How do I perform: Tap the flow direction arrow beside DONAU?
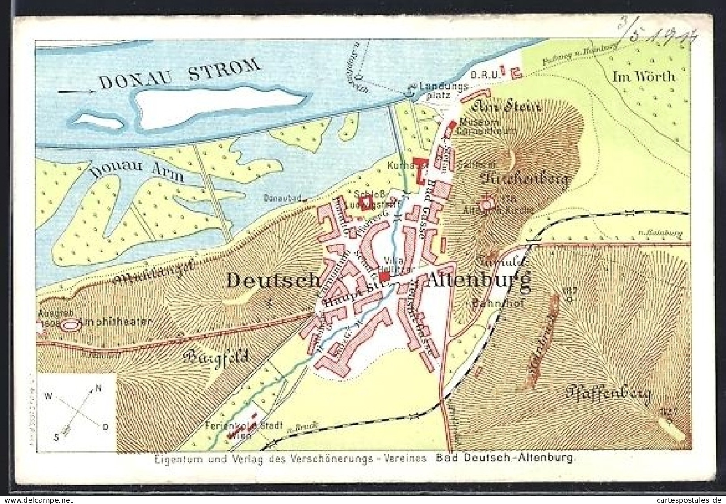pos(76,92)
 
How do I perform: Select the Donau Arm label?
pos(136,170)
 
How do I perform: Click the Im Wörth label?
pos(643,77)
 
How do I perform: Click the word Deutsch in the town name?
pos(273,281)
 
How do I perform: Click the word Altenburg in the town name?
pos(480,281)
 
